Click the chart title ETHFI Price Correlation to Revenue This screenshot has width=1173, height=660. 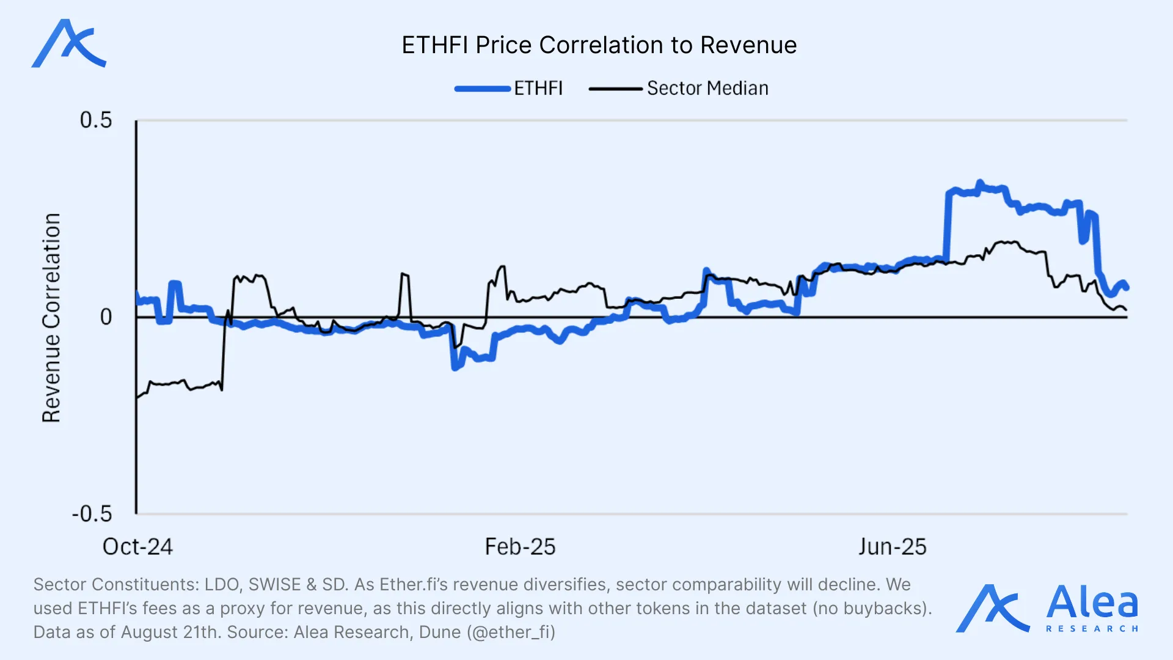pyautogui.click(x=599, y=45)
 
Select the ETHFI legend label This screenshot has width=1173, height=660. pyautogui.click(x=538, y=89)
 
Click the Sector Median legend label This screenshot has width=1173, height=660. pyautogui.click(x=707, y=89)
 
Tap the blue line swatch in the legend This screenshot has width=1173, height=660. pyautogui.click(x=483, y=89)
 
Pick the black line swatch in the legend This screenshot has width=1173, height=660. pyautogui.click(x=615, y=89)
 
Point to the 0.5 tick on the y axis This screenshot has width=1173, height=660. pyautogui.click(x=96, y=120)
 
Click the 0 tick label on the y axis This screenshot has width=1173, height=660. pyautogui.click(x=106, y=317)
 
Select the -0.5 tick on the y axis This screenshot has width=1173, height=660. pyautogui.click(x=92, y=514)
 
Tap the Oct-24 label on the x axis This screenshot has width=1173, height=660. pyautogui.click(x=137, y=547)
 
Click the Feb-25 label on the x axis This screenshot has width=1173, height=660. pyautogui.click(x=520, y=547)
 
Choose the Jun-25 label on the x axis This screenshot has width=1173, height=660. pyautogui.click(x=893, y=547)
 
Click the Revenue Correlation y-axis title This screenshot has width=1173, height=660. pyautogui.click(x=52, y=318)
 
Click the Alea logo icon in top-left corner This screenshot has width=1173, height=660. pyautogui.click(x=68, y=43)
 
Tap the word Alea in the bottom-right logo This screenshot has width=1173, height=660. pyautogui.click(x=1092, y=603)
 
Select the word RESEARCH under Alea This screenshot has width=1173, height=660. pyautogui.click(x=1092, y=629)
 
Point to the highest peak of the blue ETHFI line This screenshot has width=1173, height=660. pyautogui.click(x=980, y=183)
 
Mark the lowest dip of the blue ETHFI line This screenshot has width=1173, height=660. pyautogui.click(x=455, y=367)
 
